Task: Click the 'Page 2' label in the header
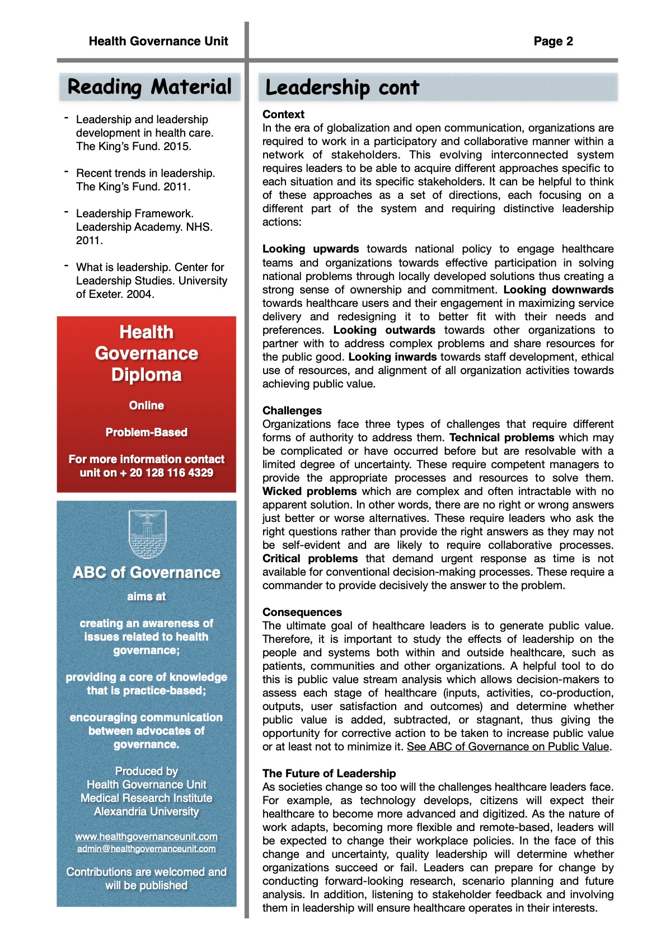553,41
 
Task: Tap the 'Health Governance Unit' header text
158,41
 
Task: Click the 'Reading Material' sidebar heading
149,87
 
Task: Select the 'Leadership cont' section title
342,88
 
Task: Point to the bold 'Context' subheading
283,114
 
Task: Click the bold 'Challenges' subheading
292,410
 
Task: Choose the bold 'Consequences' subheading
302,612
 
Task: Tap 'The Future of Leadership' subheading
329,773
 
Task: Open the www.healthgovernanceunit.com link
147,837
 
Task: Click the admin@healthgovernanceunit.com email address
147,849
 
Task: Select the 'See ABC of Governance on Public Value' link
508,746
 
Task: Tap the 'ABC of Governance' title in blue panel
147,572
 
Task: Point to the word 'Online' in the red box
147,405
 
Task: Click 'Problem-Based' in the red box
147,432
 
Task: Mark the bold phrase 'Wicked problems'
309,491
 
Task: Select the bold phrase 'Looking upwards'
311,249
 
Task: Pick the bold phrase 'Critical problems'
310,558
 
